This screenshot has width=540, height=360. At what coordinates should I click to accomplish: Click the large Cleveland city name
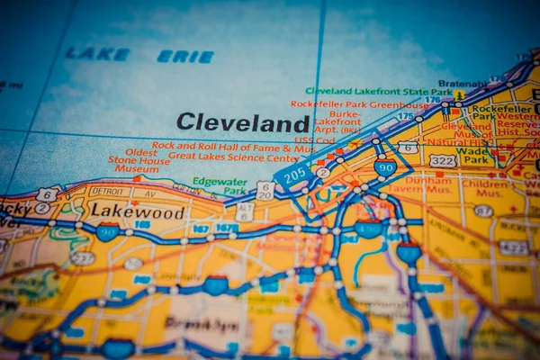click(x=243, y=122)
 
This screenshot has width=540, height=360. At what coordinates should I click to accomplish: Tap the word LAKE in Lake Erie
click(x=97, y=54)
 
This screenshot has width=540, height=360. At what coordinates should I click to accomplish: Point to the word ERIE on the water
click(x=185, y=57)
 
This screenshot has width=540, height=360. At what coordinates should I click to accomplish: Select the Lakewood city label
click(x=138, y=212)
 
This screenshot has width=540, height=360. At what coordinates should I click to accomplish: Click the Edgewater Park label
click(x=220, y=185)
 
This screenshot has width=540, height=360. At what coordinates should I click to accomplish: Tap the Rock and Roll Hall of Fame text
click(x=230, y=145)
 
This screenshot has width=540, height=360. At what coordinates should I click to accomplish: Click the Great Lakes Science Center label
click(x=234, y=156)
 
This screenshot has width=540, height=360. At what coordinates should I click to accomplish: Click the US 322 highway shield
click(x=442, y=160)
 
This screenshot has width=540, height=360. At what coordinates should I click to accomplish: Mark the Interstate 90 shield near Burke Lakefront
click(x=385, y=167)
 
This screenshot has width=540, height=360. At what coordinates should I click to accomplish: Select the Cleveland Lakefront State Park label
click(x=379, y=91)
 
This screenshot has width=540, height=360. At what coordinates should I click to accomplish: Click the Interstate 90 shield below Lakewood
click(x=108, y=232)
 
